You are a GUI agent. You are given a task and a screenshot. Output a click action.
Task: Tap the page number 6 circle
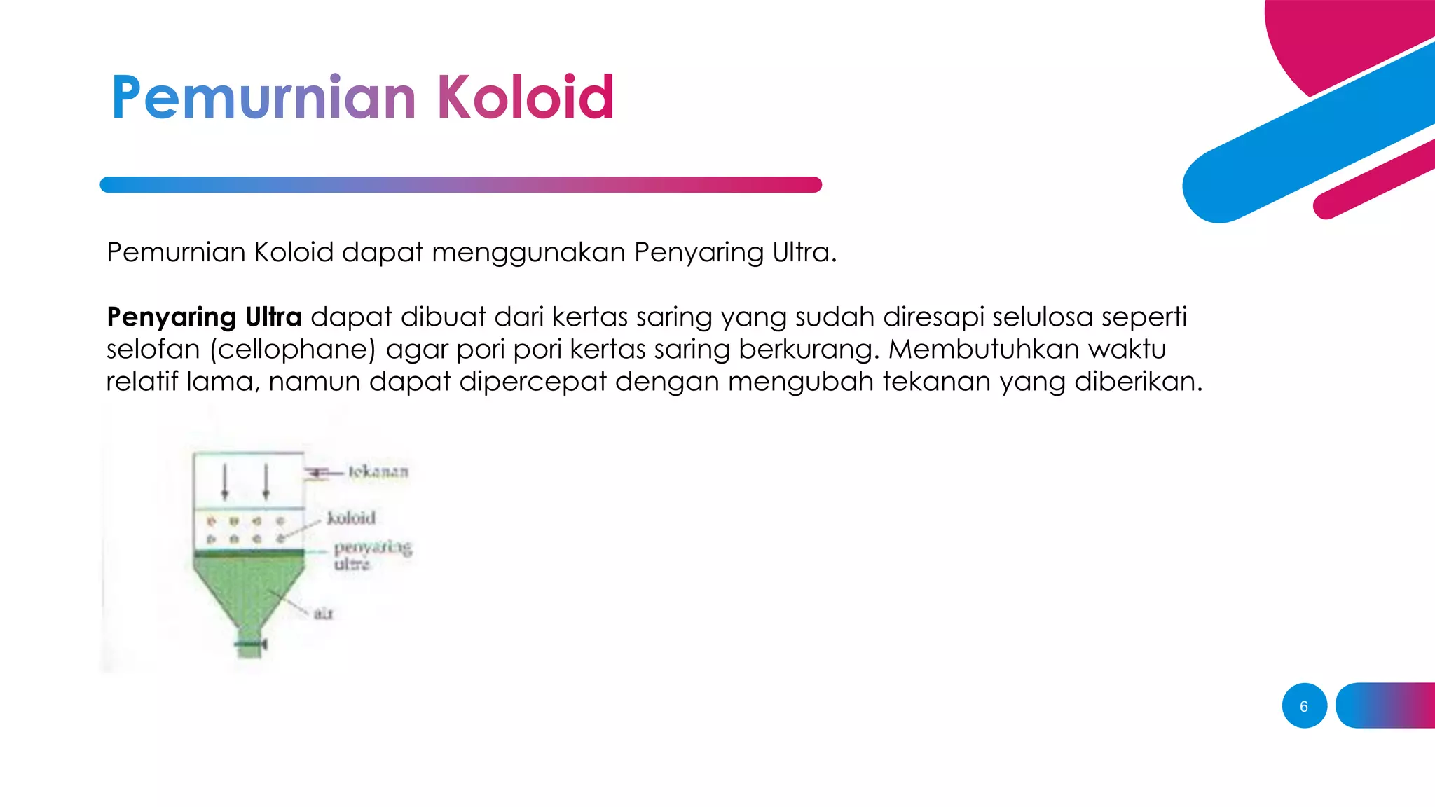point(1304,705)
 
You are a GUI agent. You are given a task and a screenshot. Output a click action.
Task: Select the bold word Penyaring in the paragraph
point(171,317)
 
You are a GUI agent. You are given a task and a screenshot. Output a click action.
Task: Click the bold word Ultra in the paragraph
point(273,317)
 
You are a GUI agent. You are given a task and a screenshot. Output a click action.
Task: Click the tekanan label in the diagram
point(378,471)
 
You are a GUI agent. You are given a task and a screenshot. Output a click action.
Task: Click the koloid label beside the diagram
point(351,518)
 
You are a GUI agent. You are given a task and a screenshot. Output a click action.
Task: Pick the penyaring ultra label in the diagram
point(371,555)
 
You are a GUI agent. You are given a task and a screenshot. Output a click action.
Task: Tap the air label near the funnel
point(323,614)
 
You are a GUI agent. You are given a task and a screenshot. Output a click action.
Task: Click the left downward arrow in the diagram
point(225,481)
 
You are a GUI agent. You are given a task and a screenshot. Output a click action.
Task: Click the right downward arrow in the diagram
point(266,481)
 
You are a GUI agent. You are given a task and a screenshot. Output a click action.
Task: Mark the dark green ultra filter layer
point(249,553)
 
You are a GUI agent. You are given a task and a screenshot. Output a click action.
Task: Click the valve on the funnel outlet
point(250,643)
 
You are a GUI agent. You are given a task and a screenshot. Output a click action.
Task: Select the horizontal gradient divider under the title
point(460,184)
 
